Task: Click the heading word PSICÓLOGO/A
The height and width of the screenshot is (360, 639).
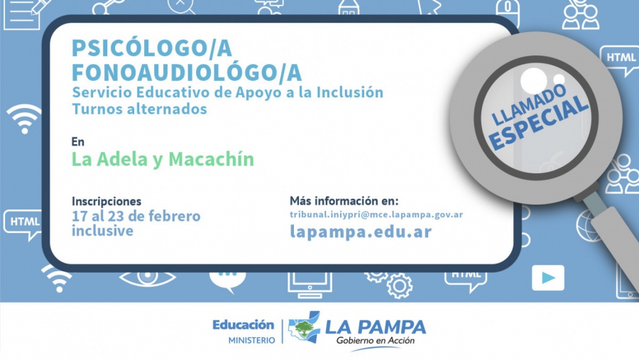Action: pos(152,48)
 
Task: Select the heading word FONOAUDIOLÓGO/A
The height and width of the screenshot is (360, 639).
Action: pos(187,72)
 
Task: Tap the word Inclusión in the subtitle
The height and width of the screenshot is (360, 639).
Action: pos(350,92)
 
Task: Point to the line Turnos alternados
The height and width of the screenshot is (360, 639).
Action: pos(139,109)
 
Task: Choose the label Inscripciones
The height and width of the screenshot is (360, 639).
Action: pos(106,202)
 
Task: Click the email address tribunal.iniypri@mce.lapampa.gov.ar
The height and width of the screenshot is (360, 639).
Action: pos(376,215)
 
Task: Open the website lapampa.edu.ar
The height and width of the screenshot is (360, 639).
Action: pos(361,231)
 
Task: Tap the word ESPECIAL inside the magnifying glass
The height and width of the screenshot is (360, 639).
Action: pos(539,122)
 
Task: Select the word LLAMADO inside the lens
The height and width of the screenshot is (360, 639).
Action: pos(528,104)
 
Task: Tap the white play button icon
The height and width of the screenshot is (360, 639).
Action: pos(548,278)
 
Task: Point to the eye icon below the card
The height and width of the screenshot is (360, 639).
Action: pos(147,278)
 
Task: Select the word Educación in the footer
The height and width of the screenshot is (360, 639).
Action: pos(244,325)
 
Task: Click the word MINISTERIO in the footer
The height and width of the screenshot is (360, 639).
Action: pos(251,340)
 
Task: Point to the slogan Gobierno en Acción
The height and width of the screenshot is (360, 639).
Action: pos(376,341)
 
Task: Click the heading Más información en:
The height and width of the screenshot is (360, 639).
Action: pos(344,201)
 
